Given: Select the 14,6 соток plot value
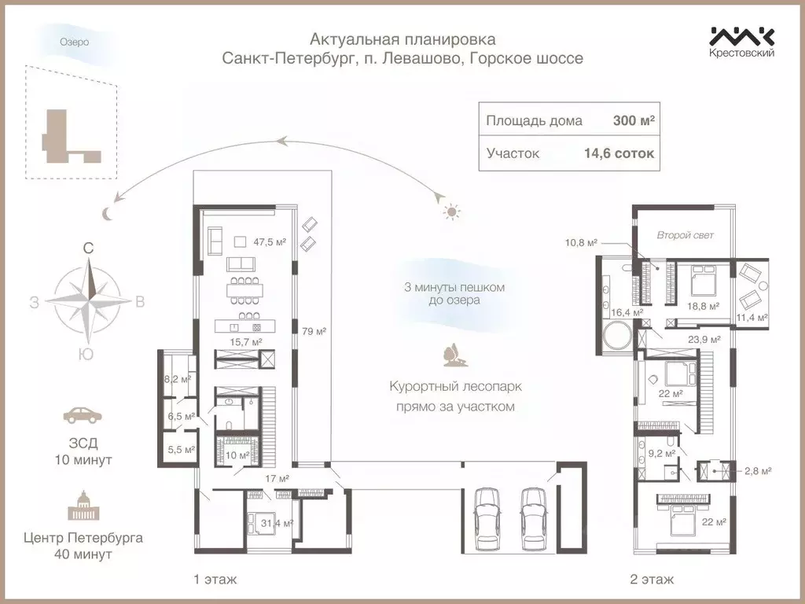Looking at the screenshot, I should pyautogui.click(x=618, y=153).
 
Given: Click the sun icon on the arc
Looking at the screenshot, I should pyautogui.click(x=451, y=211).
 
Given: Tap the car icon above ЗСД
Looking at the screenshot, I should pyautogui.click(x=83, y=414).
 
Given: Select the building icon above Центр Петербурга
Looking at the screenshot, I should pyautogui.click(x=83, y=505).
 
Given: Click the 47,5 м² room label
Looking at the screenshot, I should pyautogui.click(x=269, y=242).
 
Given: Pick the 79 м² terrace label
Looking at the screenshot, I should pyautogui.click(x=314, y=331).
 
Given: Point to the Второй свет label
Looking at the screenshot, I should pyautogui.click(x=686, y=235).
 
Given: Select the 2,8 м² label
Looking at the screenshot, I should pyautogui.click(x=755, y=471).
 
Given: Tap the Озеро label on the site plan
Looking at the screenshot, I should pyautogui.click(x=75, y=42).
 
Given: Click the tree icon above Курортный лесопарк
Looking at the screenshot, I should pyautogui.click(x=452, y=355).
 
